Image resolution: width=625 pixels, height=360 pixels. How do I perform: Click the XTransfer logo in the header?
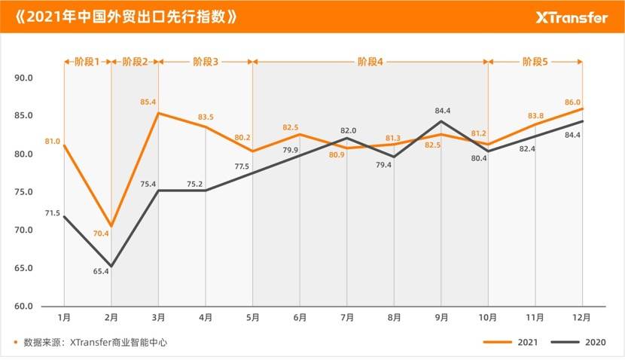point(572,17)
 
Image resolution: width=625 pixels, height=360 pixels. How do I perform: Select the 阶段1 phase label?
point(87,61)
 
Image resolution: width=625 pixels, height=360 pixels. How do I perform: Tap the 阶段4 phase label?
point(370,61)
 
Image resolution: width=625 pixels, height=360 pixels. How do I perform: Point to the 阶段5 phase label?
point(535,61)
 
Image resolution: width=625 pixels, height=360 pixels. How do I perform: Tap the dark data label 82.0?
point(348,130)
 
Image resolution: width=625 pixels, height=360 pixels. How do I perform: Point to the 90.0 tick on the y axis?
point(25,78)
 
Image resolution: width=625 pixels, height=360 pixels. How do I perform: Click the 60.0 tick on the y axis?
point(25,307)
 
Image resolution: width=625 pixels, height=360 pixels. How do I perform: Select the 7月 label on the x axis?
point(347,318)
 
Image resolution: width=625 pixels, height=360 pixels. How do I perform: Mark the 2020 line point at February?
point(111,266)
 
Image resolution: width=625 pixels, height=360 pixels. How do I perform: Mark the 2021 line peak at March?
point(158,113)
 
